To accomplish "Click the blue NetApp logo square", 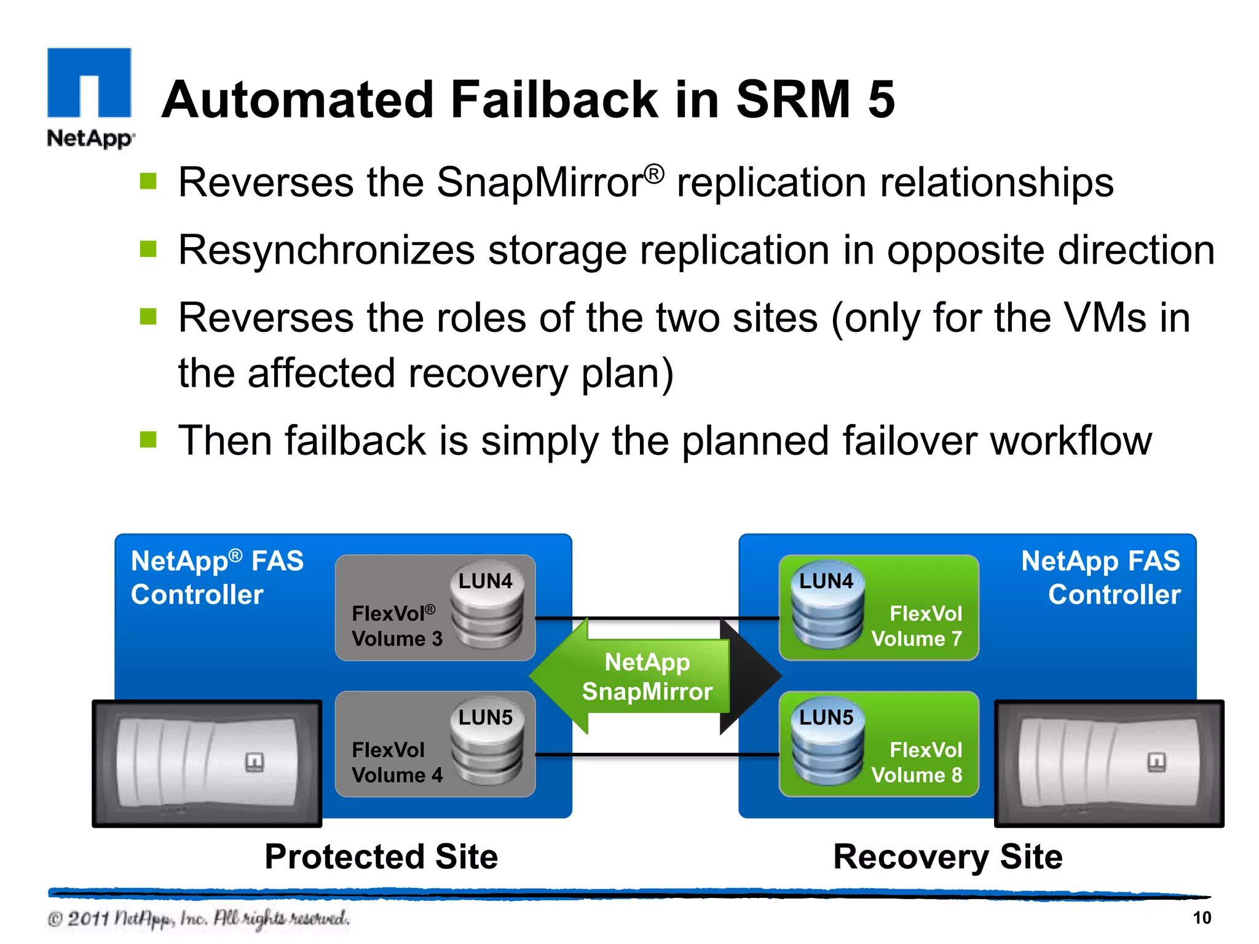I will click(89, 82).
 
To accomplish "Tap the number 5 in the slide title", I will click(881, 100).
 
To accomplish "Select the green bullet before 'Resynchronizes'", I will click(148, 249).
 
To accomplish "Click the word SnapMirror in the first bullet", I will click(540, 183).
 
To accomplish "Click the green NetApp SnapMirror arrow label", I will click(647, 677).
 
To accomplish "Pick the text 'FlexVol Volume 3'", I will click(397, 626).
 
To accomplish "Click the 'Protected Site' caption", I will click(381, 856).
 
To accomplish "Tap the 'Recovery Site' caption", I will click(947, 856).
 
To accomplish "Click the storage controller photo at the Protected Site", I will click(207, 763).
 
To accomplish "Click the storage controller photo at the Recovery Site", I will click(1108, 763).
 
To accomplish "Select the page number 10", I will click(1201, 918).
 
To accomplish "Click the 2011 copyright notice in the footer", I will click(199, 918).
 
